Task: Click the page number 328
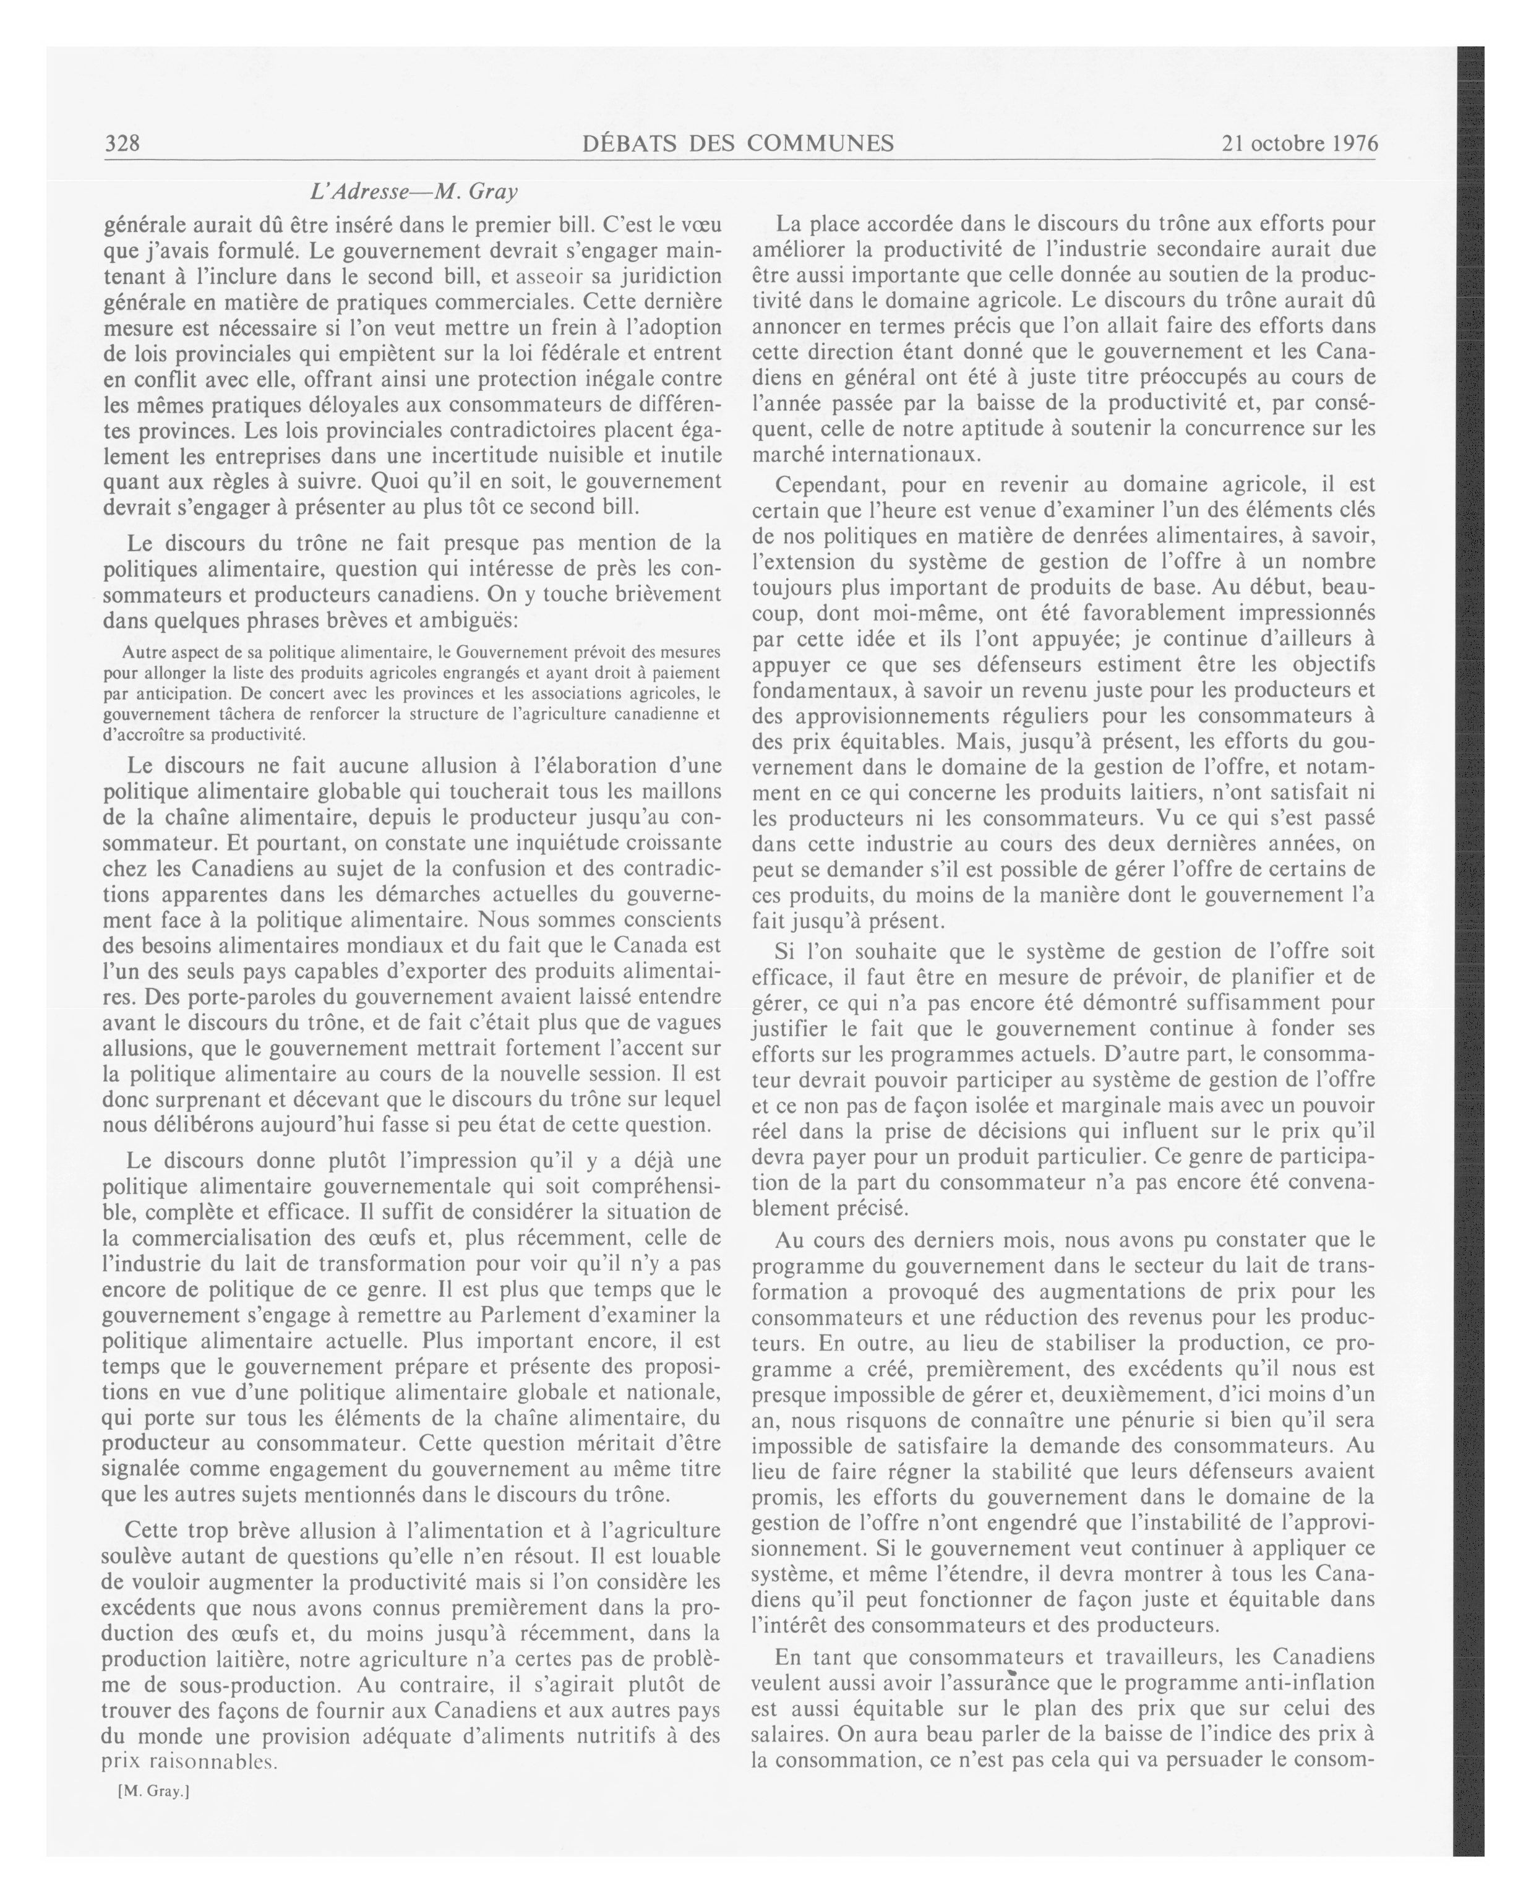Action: [x=122, y=143]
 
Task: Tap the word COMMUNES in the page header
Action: [x=820, y=143]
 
